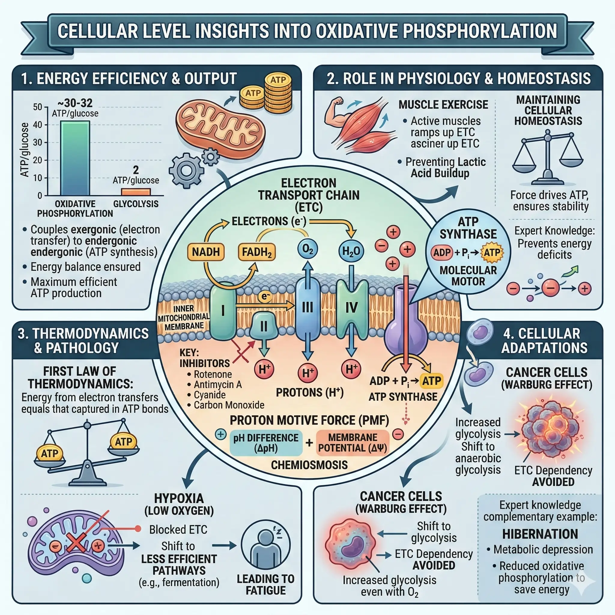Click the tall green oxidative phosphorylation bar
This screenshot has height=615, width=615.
tap(75, 158)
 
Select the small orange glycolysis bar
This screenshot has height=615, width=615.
tap(136, 192)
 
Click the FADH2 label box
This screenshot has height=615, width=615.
tap(256, 252)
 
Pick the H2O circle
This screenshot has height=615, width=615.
tap(351, 251)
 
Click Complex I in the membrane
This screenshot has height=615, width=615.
tap(223, 311)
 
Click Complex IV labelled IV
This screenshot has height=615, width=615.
tap(351, 307)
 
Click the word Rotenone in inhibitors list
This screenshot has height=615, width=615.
tap(213, 374)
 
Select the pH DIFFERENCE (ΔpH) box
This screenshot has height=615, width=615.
tap(266, 443)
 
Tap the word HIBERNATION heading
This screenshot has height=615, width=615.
tap(540, 534)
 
